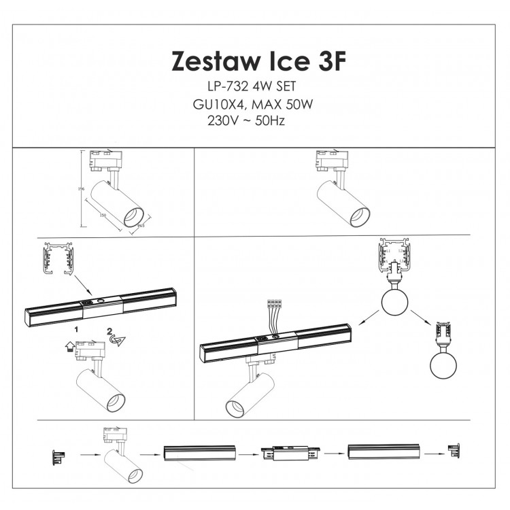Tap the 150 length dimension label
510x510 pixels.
point(103,216)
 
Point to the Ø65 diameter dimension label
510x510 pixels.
point(141,226)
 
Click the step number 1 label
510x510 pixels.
point(77,328)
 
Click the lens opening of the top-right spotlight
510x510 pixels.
point(360,218)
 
